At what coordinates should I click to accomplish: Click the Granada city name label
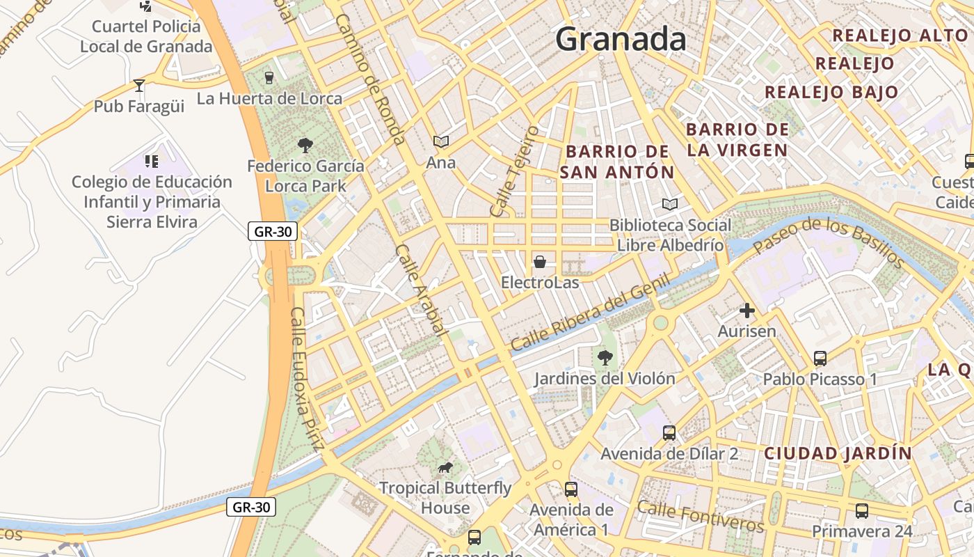621,39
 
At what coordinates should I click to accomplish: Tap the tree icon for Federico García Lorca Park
305,146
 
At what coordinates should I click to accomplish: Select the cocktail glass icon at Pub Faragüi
139,86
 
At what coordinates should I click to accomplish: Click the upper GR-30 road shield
273,232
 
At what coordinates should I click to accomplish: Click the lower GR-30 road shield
250,508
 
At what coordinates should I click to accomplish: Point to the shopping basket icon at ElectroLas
540,262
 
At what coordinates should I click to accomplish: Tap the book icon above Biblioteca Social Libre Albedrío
670,205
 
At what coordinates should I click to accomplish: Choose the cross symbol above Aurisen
747,311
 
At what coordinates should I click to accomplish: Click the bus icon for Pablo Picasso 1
820,359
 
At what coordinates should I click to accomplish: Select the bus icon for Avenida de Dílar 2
669,433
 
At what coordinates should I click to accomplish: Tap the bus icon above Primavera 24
862,510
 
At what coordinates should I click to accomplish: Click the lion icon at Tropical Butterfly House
445,467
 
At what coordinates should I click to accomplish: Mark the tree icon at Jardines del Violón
605,358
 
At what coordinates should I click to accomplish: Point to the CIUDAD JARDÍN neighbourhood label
838,453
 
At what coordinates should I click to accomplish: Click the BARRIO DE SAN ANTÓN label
617,162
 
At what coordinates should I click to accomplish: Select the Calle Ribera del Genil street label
590,313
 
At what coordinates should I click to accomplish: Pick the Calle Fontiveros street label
701,516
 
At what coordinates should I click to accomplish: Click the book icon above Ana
441,142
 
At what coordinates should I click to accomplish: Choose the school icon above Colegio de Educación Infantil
152,162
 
